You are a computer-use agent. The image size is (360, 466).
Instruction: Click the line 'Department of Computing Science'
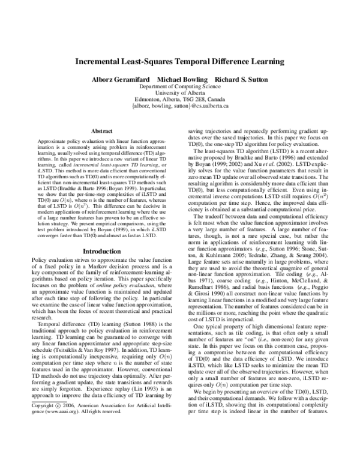pyautogui.click(x=180, y=86)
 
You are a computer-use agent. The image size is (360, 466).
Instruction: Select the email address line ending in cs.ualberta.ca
pyautogui.click(x=180, y=106)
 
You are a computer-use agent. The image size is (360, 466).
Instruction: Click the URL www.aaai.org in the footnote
pyautogui.click(x=68, y=446)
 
